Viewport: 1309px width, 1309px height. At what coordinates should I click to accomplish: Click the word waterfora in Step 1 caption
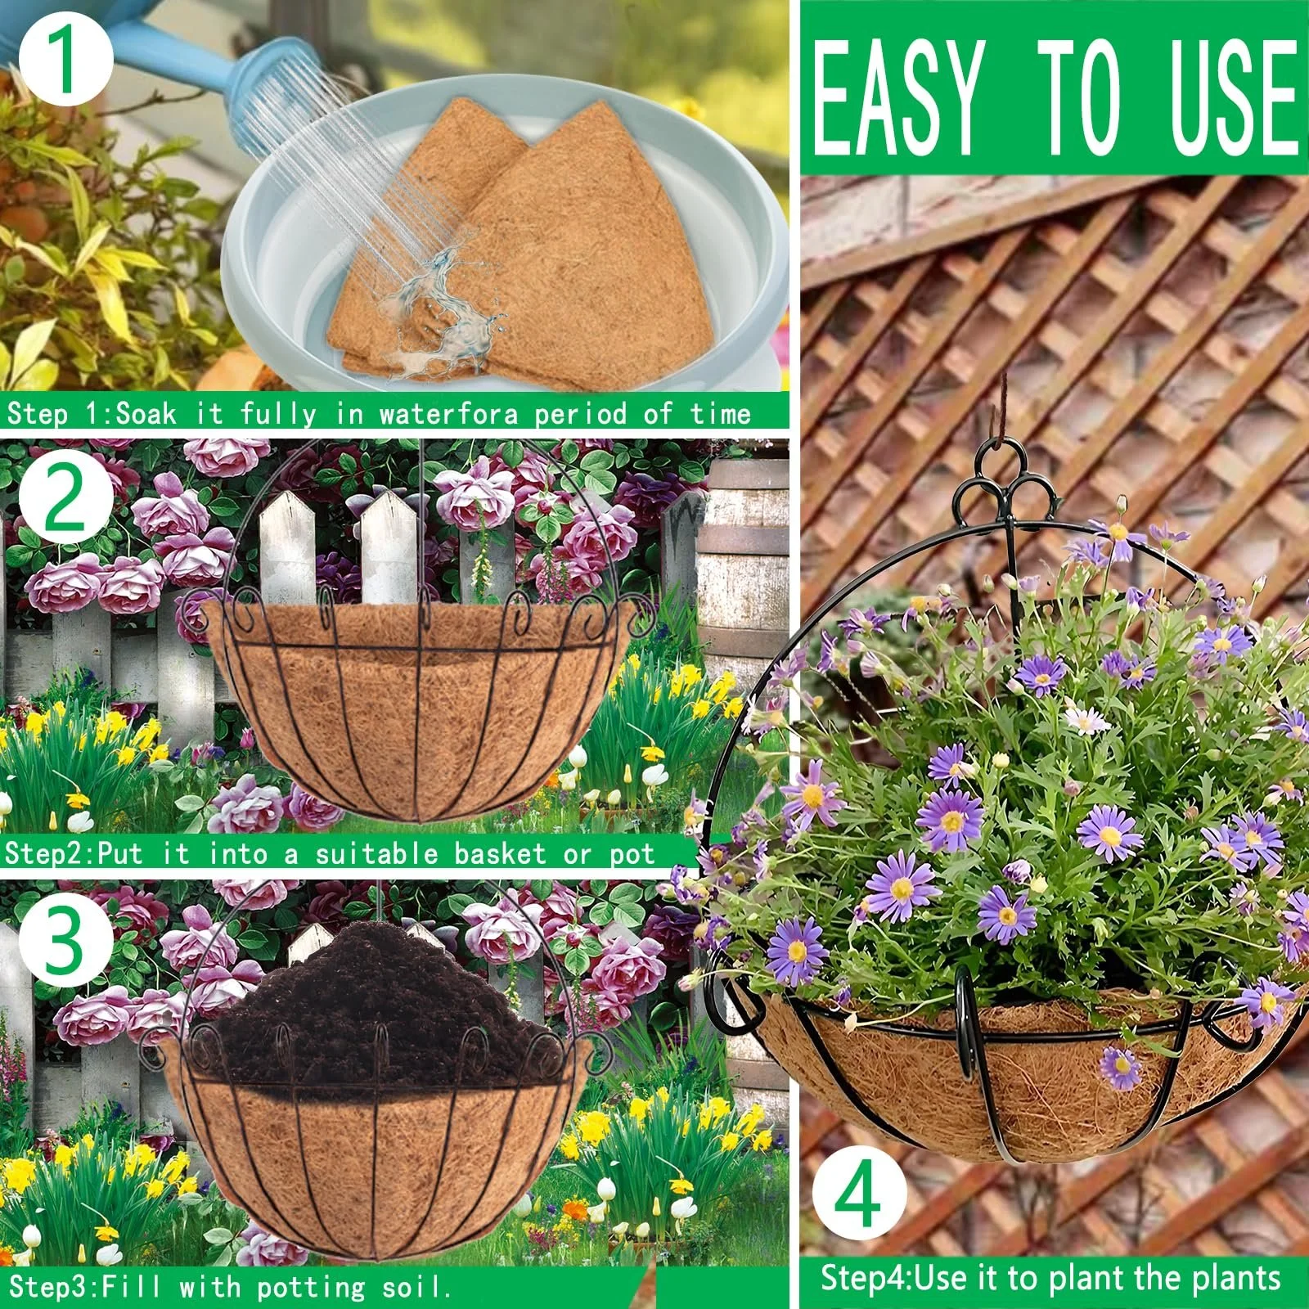tap(448, 413)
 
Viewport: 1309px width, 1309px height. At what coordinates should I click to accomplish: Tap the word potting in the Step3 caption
tap(311, 1288)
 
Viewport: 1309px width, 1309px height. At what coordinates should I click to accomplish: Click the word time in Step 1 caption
tap(720, 413)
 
